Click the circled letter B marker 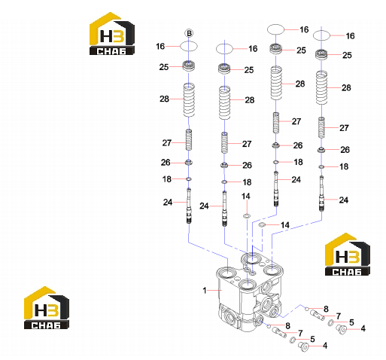[189, 33]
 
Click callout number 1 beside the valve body [205, 291]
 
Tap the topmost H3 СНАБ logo [112, 33]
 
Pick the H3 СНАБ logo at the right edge [348, 254]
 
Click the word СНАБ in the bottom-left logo [46, 325]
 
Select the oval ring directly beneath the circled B [189, 46]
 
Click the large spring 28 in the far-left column [189, 100]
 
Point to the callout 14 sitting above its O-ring [246, 196]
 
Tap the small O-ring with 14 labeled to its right [262, 224]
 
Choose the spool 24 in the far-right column [321, 194]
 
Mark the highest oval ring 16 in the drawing [275, 29]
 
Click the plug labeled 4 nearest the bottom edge [303, 347]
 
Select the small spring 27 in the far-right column [321, 127]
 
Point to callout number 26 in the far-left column [166, 163]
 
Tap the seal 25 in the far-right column [321, 54]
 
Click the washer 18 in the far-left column [189, 179]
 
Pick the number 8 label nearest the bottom [288, 326]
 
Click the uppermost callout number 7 [339, 316]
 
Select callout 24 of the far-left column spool [168, 202]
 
